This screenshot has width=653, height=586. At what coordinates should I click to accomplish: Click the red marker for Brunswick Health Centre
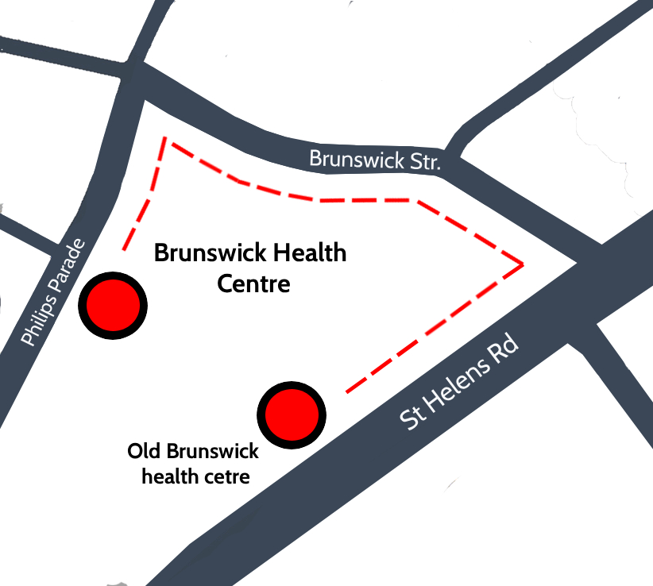point(113,305)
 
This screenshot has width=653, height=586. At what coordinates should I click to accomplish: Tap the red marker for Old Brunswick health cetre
point(292,414)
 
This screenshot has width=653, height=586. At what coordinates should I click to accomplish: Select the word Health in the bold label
point(310,253)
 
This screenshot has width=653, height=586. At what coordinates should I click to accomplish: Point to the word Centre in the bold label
point(254,283)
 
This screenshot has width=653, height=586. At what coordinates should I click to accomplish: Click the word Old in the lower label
point(145,452)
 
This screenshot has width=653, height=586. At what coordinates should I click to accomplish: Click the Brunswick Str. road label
point(374,160)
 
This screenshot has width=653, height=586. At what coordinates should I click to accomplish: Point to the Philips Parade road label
point(52,290)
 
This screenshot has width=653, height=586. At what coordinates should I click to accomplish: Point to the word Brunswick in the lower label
point(212,452)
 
